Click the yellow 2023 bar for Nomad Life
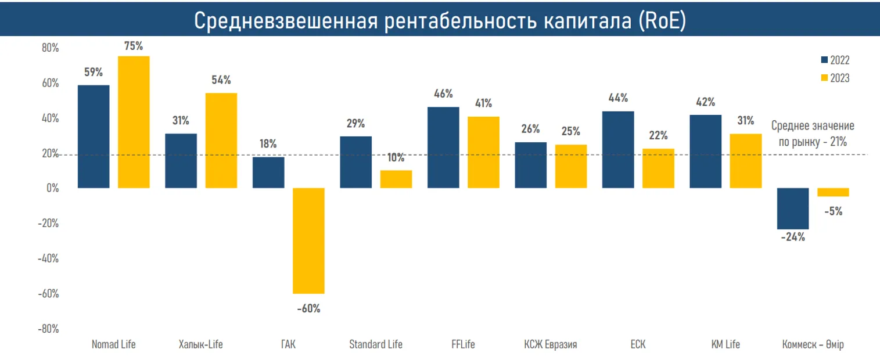[x=134, y=122]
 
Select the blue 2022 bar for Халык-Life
[x=181, y=161]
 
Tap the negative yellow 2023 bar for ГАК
[x=308, y=241]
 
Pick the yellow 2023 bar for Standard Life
[x=396, y=179]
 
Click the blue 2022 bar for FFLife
[x=443, y=147]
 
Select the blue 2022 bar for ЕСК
[x=618, y=150]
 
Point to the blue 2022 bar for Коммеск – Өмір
[x=793, y=208]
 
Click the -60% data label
[x=308, y=308]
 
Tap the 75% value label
[x=134, y=46]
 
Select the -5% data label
[x=833, y=211]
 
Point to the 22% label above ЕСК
[x=658, y=135]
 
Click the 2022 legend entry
[x=835, y=60]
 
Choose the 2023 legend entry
[x=835, y=78]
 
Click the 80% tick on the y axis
[x=50, y=48]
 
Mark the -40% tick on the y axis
[x=48, y=258]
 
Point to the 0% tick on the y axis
[x=52, y=189]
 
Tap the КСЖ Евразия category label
[x=550, y=344]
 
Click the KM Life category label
[x=725, y=344]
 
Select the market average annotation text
[x=813, y=133]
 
